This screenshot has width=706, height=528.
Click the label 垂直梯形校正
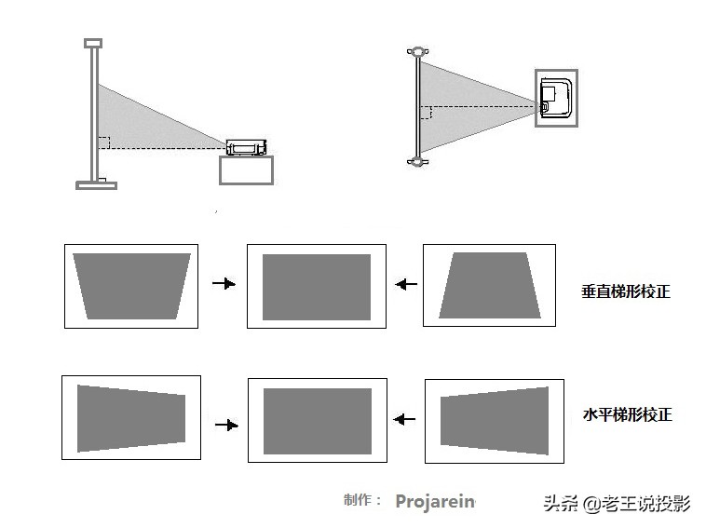[x=625, y=291]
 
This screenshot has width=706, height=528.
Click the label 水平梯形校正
[x=626, y=414]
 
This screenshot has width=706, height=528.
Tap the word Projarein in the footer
[x=435, y=501]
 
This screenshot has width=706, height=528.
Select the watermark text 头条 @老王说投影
[x=617, y=504]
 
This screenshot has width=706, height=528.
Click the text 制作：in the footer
[x=362, y=500]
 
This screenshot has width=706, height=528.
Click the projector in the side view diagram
[x=247, y=147]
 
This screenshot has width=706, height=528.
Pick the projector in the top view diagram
[x=556, y=98]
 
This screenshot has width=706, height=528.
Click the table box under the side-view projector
[x=246, y=170]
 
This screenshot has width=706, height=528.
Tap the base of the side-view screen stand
[x=96, y=184]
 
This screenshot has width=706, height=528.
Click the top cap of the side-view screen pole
[x=93, y=42]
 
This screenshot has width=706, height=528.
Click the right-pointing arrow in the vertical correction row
[x=224, y=284]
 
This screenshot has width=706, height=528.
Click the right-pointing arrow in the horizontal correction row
[x=225, y=425]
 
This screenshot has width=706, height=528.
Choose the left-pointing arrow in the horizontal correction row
[x=404, y=419]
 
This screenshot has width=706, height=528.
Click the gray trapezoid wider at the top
[x=131, y=286]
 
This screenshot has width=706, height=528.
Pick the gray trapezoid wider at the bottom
[x=489, y=286]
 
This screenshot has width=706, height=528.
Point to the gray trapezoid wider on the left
[x=130, y=418]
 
